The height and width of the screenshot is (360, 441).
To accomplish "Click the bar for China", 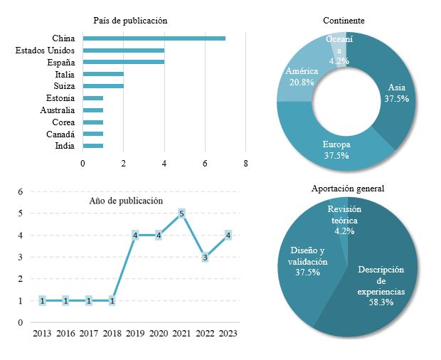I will tap(154, 38).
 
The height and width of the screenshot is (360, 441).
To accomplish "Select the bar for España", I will tap(124, 62).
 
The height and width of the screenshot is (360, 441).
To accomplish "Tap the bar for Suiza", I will tap(103, 86).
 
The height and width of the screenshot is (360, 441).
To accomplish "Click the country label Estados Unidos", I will tap(45, 51).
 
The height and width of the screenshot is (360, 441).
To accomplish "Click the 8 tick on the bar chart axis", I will tap(245, 164).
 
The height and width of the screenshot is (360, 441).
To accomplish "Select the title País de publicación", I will tap(130, 21).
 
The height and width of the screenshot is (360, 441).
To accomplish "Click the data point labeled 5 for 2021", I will tap(181, 213).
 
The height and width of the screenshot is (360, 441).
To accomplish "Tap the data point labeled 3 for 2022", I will tap(205, 258).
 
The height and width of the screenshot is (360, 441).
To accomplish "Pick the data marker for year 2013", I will tap(43, 301).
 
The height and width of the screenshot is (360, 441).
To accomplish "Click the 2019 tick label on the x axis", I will tap(135, 333).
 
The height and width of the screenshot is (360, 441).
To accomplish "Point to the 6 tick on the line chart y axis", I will tap(21, 192).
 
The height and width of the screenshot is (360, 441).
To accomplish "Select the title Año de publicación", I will tap(126, 201).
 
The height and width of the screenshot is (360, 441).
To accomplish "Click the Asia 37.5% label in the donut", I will tap(396, 93).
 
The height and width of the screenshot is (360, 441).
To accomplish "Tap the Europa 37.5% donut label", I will tap(336, 150).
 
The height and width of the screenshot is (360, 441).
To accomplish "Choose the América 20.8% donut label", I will tap(302, 77).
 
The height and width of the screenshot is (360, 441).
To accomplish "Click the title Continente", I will tap(344, 21).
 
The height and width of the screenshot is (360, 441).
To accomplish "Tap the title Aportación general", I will tap(348, 189).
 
